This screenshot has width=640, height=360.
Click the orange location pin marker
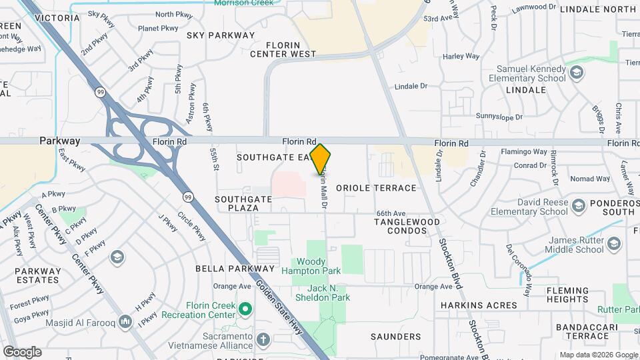tap(321, 159)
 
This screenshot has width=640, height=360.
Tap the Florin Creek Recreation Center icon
tap(245, 308)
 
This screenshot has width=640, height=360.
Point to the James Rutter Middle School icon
tap(615, 245)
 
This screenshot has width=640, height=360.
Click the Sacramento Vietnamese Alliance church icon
tap(263, 339)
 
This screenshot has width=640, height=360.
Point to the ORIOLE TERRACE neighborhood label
tap(376, 188)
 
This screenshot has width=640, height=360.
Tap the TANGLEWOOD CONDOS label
tap(407, 226)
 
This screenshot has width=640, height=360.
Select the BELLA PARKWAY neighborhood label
tap(225, 269)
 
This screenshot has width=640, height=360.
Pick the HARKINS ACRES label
tap(478, 305)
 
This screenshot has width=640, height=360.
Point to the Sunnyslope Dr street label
tap(499, 116)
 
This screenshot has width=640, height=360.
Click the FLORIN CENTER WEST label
tap(283, 49)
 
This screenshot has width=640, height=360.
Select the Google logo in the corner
tap(22, 351)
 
